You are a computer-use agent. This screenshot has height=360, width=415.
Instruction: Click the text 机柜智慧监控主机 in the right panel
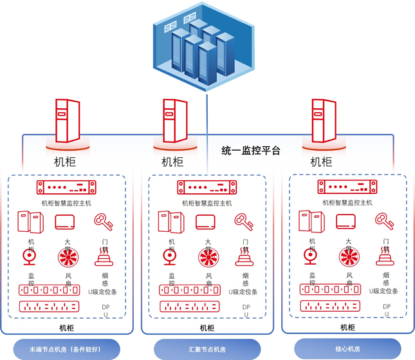tap(347, 202)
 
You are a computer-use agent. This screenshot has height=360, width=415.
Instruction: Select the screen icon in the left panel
tap(67, 222)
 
